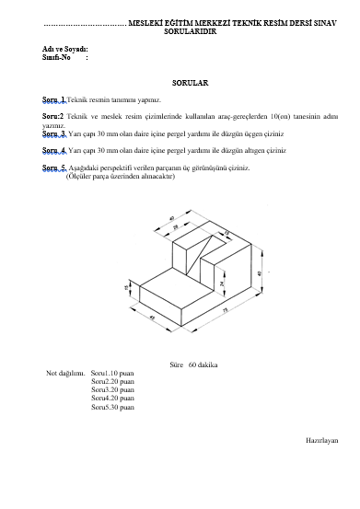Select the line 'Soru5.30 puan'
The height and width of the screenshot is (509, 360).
point(112,406)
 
